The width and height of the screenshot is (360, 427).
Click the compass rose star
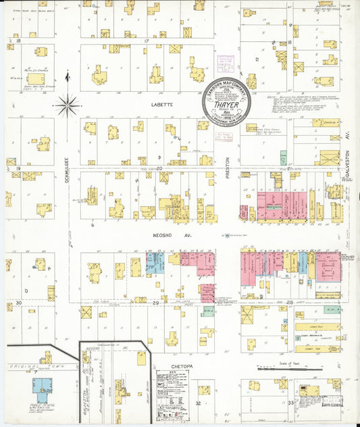click(x=66, y=104)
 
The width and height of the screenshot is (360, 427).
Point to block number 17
click(x=146, y=41)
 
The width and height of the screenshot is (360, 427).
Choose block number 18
click(x=11, y=41)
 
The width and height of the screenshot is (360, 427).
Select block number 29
click(x=155, y=304)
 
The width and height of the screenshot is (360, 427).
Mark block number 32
click(x=198, y=403)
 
